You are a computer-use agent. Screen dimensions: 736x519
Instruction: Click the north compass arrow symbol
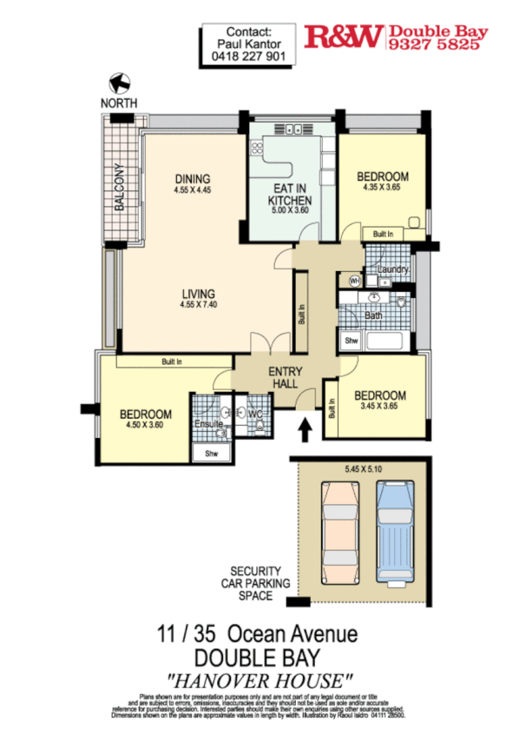click(x=120, y=83)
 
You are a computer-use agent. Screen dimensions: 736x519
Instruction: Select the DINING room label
click(x=192, y=179)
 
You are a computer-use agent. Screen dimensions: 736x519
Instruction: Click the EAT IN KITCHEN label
click(x=289, y=195)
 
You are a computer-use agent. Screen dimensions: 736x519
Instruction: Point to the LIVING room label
click(x=198, y=293)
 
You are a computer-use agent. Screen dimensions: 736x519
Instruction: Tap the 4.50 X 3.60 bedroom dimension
click(x=145, y=426)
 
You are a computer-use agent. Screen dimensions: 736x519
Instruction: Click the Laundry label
click(x=393, y=270)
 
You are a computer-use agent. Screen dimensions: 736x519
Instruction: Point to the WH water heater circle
click(x=354, y=281)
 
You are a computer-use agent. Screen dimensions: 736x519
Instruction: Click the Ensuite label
click(x=207, y=424)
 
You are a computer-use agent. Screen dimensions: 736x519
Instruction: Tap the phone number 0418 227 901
click(x=248, y=56)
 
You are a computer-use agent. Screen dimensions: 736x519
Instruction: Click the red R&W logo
click(x=344, y=36)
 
